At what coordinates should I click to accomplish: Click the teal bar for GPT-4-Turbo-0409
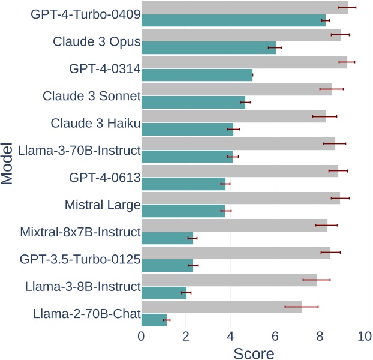(233, 20)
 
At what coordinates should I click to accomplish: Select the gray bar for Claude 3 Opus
(240, 34)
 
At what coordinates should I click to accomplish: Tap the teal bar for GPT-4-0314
(197, 75)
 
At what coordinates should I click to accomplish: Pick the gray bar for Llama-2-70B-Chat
(221, 307)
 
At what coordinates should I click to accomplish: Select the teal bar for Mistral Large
(183, 211)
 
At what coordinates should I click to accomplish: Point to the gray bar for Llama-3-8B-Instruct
(228, 280)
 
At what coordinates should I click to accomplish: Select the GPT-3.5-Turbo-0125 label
(80, 260)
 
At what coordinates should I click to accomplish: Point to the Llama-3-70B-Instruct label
(79, 150)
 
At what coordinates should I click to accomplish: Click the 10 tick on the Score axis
(364, 337)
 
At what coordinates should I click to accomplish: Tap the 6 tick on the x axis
(275, 337)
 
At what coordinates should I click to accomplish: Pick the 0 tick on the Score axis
(142, 337)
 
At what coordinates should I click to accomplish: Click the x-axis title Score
(254, 353)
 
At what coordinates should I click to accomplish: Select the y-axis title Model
(8, 164)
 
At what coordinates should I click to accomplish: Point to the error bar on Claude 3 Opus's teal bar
(275, 47)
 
